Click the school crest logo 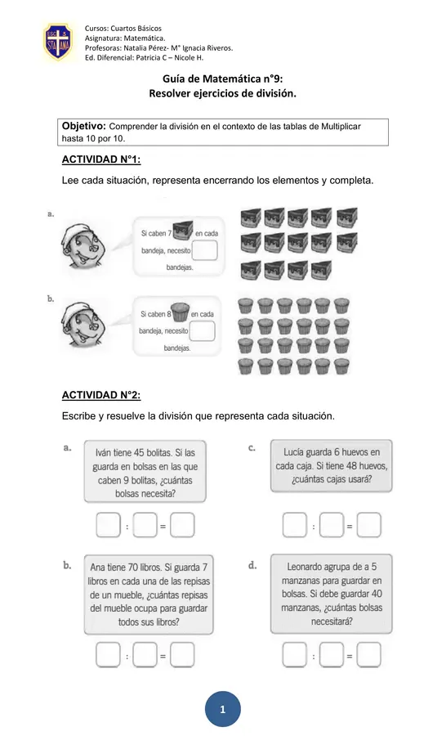click(x=58, y=43)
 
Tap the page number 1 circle click(x=223, y=709)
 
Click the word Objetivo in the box click(x=84, y=126)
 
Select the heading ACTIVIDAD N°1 click(x=101, y=159)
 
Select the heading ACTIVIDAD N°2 click(x=101, y=395)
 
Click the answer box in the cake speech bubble click(x=204, y=250)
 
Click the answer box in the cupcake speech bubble click(x=202, y=330)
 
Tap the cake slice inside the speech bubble click(x=182, y=230)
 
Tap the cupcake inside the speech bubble click(x=180, y=312)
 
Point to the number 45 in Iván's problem click(x=139, y=453)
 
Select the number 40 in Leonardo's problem click(x=377, y=594)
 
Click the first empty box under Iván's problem click(x=109, y=525)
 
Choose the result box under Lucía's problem click(x=368, y=525)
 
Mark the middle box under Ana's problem click(x=145, y=655)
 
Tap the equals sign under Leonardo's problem click(x=350, y=656)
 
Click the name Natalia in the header click(x=136, y=48)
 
